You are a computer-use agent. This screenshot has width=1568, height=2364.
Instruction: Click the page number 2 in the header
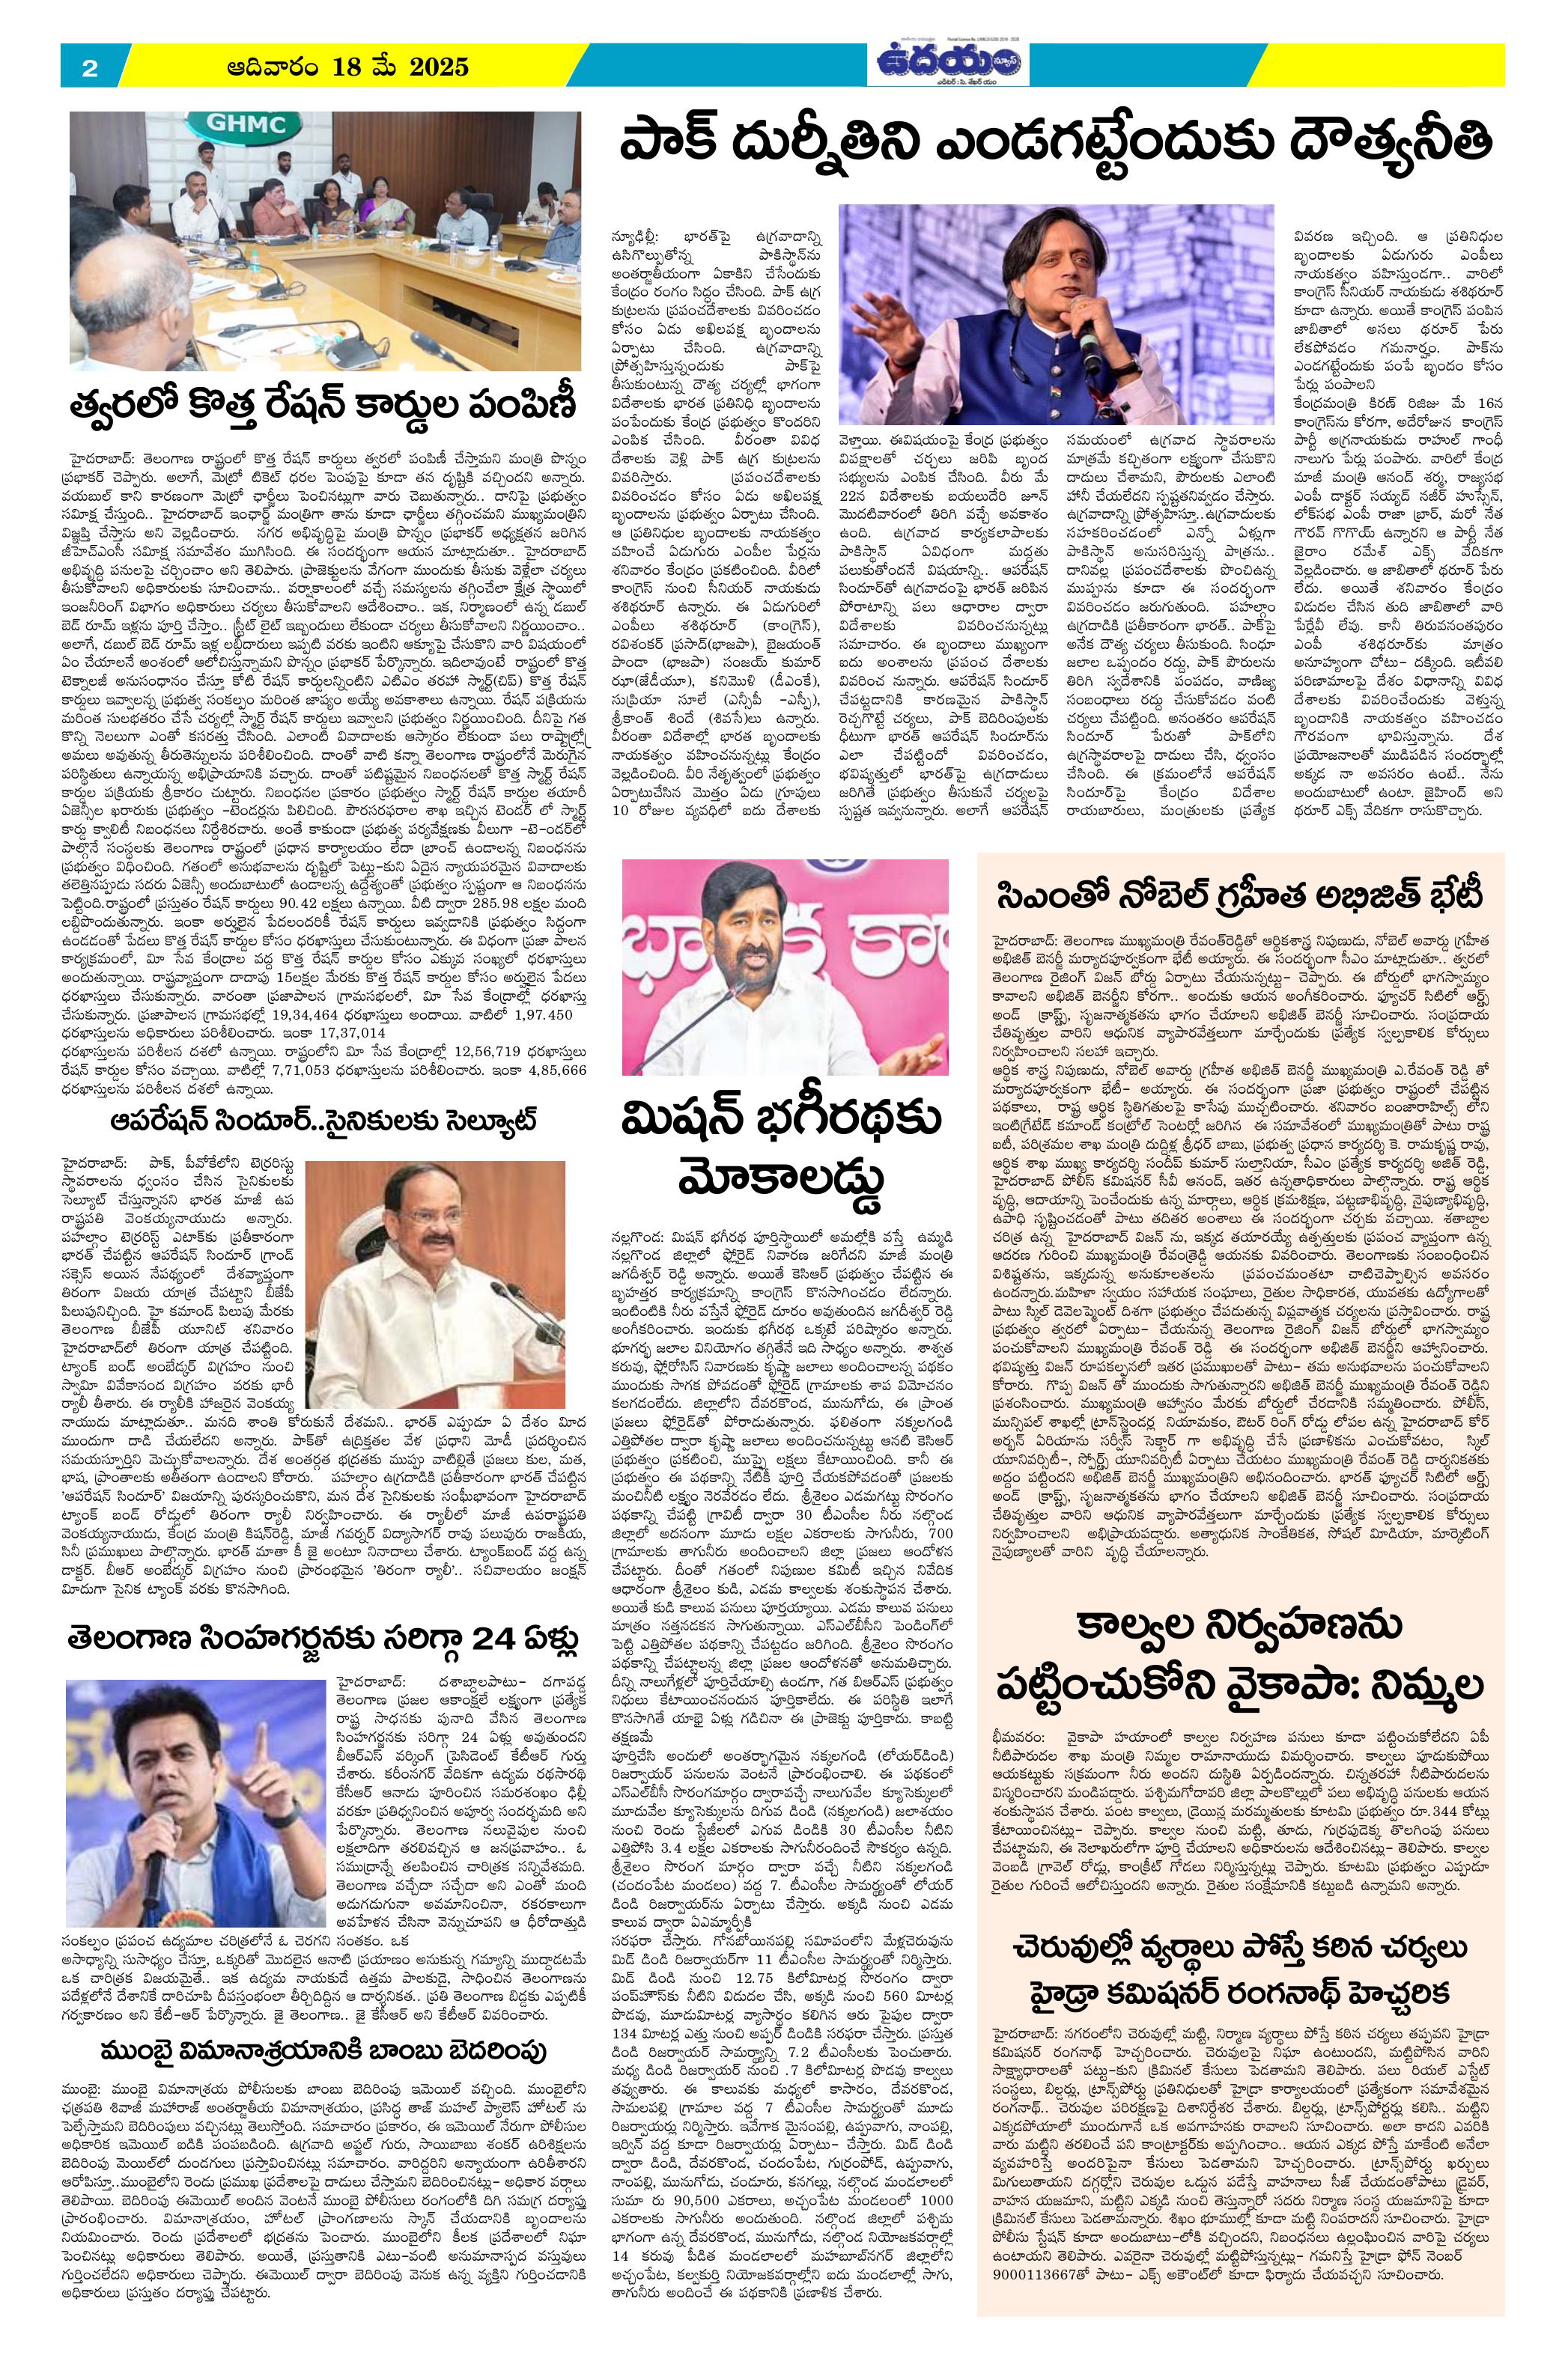(x=90, y=68)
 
